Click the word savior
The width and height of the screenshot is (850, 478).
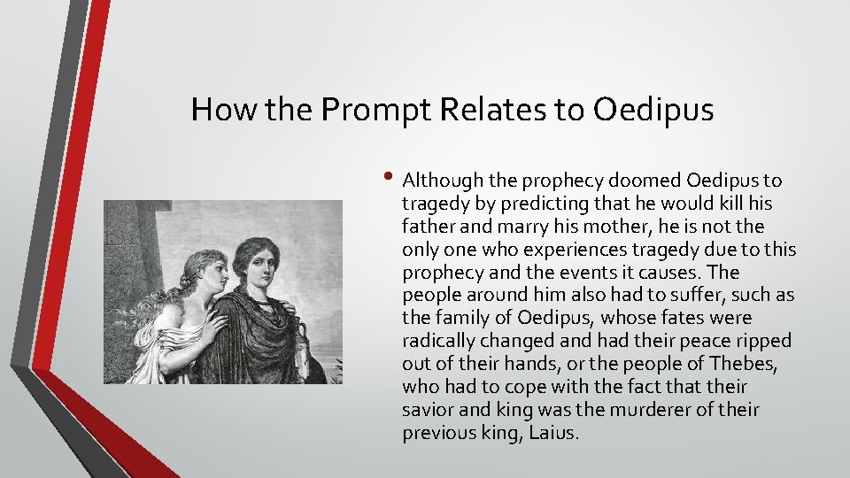[428, 410]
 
